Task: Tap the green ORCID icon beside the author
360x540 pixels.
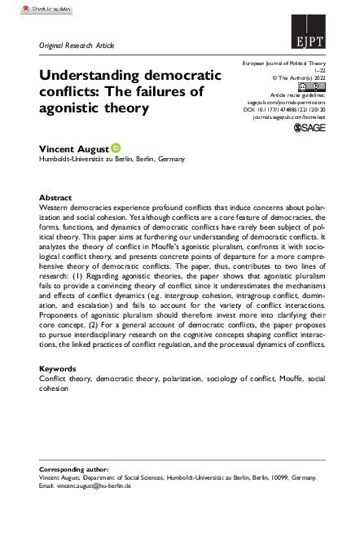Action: (116, 148)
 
